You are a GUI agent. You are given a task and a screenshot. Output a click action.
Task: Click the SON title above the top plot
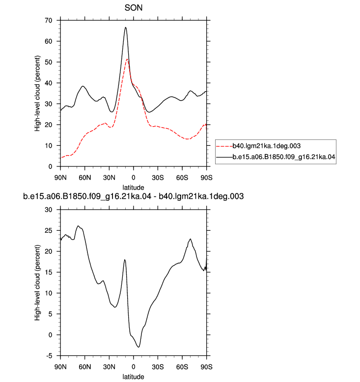[133, 8]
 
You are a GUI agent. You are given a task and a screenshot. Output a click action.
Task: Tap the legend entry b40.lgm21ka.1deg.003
[266, 146]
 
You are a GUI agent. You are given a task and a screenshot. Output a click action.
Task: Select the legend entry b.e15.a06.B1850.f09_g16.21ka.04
[284, 157]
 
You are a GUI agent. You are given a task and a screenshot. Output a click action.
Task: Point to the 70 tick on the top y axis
[49, 21]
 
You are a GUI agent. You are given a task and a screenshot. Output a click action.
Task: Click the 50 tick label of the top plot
[49, 62]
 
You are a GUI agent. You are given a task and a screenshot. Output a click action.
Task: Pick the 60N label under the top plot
[85, 178]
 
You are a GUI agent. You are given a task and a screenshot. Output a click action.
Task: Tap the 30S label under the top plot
[158, 178]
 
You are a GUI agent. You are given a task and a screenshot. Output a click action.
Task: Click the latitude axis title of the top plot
[133, 188]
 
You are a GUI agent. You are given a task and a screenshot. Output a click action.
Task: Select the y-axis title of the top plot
[37, 94]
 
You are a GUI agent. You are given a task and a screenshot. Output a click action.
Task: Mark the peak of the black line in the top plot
[126, 27]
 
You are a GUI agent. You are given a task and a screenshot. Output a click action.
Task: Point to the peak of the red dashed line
[127, 59]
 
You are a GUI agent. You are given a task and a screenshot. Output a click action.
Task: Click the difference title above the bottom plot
[133, 196]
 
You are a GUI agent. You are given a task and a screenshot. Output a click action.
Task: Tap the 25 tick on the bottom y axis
[49, 230]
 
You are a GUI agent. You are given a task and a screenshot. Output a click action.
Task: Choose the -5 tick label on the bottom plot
[49, 355]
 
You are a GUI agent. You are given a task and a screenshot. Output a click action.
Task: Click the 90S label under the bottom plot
[206, 367]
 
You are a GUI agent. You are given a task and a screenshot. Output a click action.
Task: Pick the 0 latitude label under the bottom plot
[133, 367]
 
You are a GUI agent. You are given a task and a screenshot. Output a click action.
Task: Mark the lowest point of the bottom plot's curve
[138, 347]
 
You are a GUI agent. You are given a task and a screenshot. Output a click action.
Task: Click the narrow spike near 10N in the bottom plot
[125, 260]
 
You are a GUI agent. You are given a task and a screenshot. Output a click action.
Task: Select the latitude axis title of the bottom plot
[133, 377]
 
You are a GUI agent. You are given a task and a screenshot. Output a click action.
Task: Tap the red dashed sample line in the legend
[224, 146]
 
